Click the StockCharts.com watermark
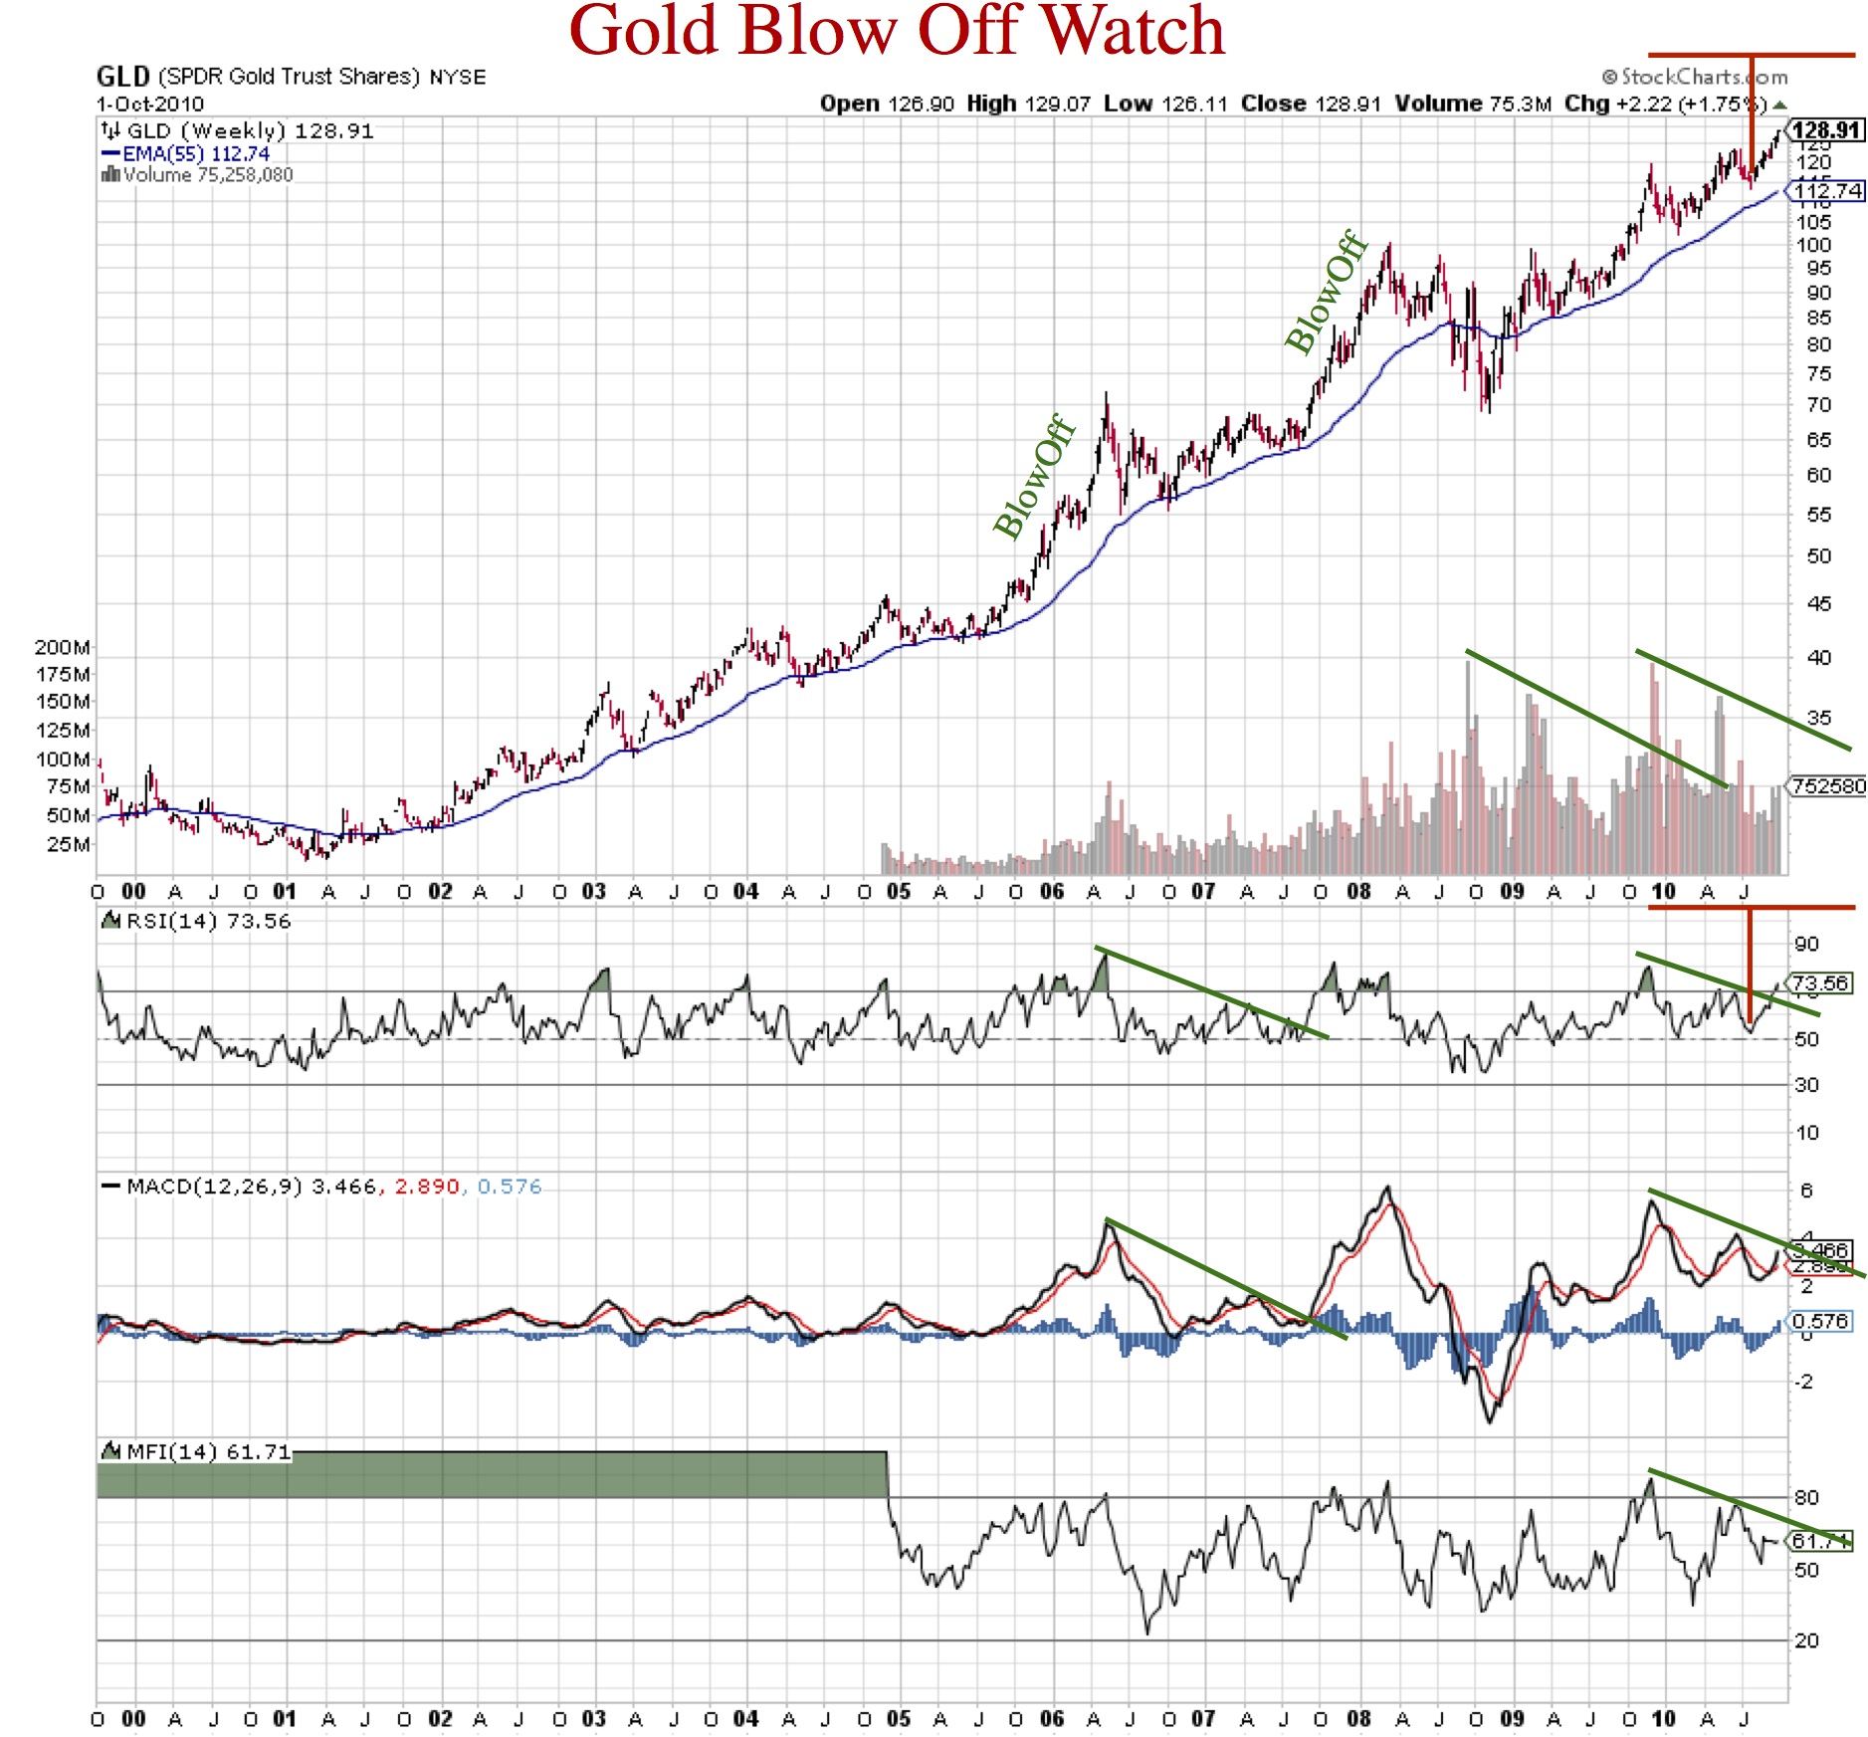(1694, 77)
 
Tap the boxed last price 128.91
(1825, 130)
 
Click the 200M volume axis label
(62, 647)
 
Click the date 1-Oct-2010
(150, 104)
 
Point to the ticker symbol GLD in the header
(122, 77)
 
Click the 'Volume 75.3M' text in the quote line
(1472, 104)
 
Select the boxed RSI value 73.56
(1819, 983)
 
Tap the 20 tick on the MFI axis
(1806, 1640)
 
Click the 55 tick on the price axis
(1818, 515)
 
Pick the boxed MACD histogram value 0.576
(1819, 1321)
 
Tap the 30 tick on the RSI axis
(1806, 1084)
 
